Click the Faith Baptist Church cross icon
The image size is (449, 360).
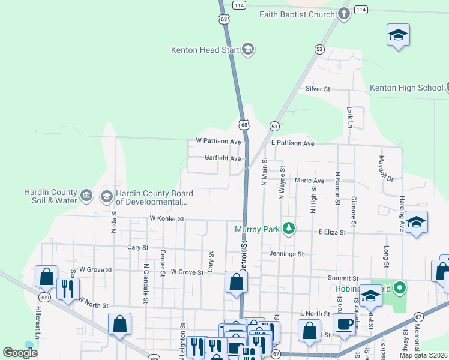point(344,14)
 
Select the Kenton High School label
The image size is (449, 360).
point(406,88)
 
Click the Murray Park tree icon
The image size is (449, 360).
point(289,229)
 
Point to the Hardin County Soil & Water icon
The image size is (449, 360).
point(86,196)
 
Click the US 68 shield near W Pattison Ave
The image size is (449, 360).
point(243,125)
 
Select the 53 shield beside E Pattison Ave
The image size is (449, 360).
point(274,126)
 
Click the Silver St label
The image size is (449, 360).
point(318,89)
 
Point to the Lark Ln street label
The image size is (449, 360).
point(349,117)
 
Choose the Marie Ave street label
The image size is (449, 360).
point(310,181)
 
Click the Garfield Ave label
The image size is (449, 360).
point(223,158)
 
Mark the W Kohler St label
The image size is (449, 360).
point(167,219)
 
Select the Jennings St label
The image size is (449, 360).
point(286,254)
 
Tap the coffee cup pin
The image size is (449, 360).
point(345,325)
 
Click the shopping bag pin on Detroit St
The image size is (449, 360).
point(236,281)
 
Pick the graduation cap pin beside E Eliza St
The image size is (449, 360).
point(416,223)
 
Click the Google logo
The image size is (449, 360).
point(20,352)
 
